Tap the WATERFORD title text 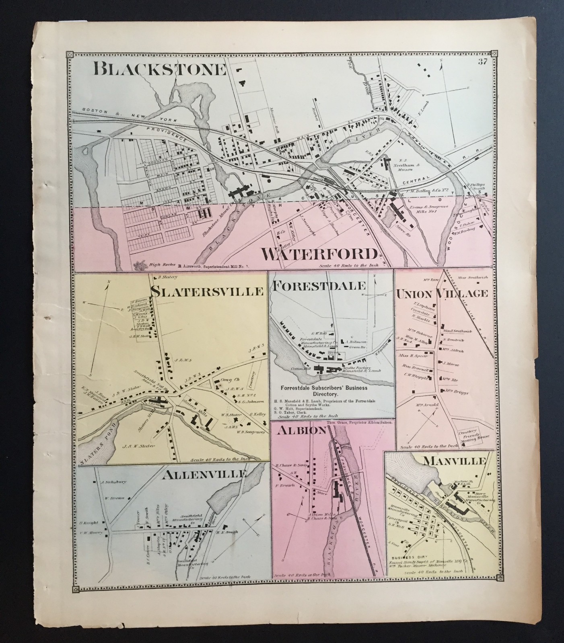320,254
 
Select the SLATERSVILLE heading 208,290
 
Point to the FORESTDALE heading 320,286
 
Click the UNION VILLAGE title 442,294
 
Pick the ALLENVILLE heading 204,475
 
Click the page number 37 483,61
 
